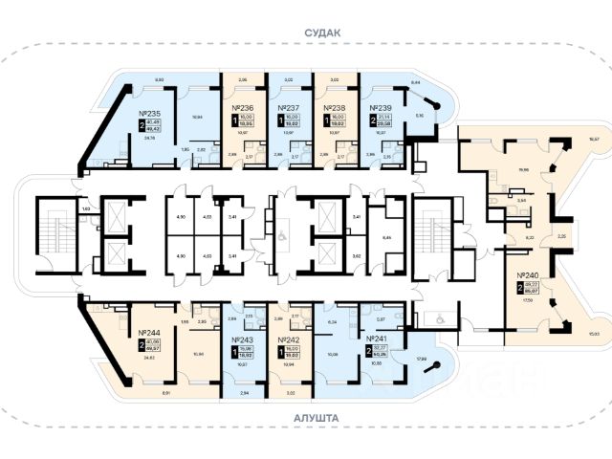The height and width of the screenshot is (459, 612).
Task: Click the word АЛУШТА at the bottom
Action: tap(306, 432)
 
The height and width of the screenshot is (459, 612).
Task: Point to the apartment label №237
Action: tap(289, 108)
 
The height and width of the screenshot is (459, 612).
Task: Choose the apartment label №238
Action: tap(335, 108)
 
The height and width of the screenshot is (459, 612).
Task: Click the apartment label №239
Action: tap(381, 108)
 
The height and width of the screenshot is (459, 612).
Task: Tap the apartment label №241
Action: tap(379, 339)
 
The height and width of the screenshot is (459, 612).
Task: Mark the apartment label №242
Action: tap(289, 339)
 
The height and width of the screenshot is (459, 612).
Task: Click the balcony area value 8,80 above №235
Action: tap(161, 79)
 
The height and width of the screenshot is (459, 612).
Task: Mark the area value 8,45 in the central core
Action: tap(385, 236)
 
